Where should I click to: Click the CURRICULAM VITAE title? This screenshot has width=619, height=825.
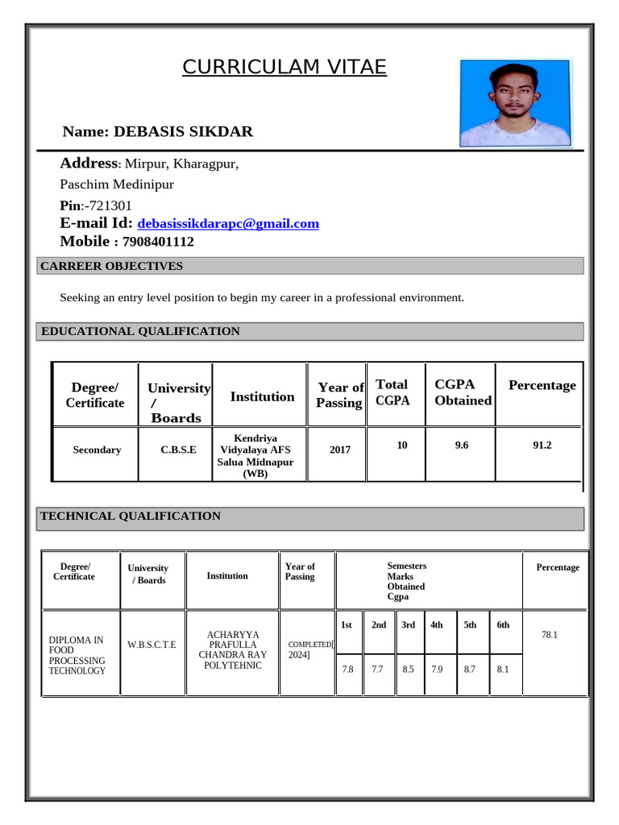[x=284, y=67]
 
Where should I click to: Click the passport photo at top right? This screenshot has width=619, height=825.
[x=516, y=102]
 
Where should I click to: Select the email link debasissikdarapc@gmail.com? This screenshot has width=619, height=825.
[x=228, y=224]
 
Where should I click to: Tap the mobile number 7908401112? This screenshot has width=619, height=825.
[x=158, y=242]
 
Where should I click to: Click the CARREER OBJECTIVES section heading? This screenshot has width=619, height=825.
[x=112, y=266]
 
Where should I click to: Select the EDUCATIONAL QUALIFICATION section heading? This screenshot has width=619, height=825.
[x=140, y=331]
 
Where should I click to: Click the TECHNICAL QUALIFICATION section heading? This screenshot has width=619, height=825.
[x=131, y=516]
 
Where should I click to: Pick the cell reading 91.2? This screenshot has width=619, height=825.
[x=542, y=445]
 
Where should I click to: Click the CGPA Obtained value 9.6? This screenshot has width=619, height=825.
[x=462, y=445]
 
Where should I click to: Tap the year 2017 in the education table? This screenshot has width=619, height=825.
[x=339, y=450]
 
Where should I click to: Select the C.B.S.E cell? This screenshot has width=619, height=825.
[x=178, y=450]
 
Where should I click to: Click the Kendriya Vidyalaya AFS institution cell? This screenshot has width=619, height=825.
[x=256, y=455]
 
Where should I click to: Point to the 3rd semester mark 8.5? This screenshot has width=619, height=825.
[x=408, y=669]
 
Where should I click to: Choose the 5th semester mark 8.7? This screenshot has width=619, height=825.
[x=470, y=669]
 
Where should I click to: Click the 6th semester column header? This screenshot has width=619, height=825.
[x=503, y=624]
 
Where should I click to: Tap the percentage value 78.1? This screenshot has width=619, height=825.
[x=550, y=635]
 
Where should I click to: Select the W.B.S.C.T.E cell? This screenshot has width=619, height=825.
[x=152, y=644]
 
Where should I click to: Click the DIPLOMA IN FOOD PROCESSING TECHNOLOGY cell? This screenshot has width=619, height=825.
[x=77, y=655]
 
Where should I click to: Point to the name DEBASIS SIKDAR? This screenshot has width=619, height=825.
[x=183, y=131]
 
